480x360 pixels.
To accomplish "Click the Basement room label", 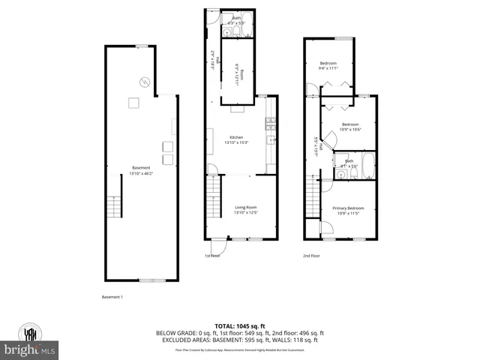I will click(140, 170).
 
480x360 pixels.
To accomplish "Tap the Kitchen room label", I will click(241, 139).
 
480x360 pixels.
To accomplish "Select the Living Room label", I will click(246, 210).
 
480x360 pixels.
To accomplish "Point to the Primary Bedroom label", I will click(348, 211).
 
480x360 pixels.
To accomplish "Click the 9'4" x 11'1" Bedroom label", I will click(329, 65).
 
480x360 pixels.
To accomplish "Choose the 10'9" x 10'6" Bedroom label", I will click(350, 127).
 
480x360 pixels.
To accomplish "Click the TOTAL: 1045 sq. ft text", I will click(239, 325).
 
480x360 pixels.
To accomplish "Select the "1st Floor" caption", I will click(213, 256).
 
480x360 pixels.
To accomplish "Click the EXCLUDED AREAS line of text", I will click(239, 340).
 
